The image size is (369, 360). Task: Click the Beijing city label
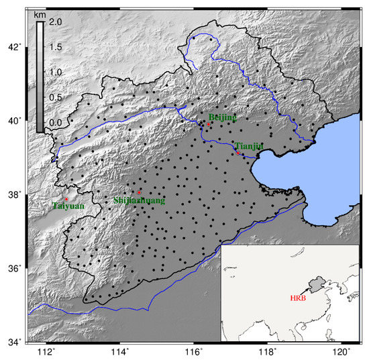[x=222, y=117]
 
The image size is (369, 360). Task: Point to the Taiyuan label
[x=68, y=206]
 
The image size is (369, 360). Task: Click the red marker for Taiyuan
[x=66, y=199]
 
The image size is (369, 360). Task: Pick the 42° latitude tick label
[x=13, y=47]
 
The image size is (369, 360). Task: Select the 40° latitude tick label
[x=13, y=121]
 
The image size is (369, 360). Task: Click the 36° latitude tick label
[x=13, y=268]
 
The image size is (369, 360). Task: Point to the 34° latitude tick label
[x=13, y=342]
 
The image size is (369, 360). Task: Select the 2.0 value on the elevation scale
[x=55, y=22]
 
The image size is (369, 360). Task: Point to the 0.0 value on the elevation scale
[x=55, y=122]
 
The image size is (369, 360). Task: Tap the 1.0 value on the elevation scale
[x=55, y=72]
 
